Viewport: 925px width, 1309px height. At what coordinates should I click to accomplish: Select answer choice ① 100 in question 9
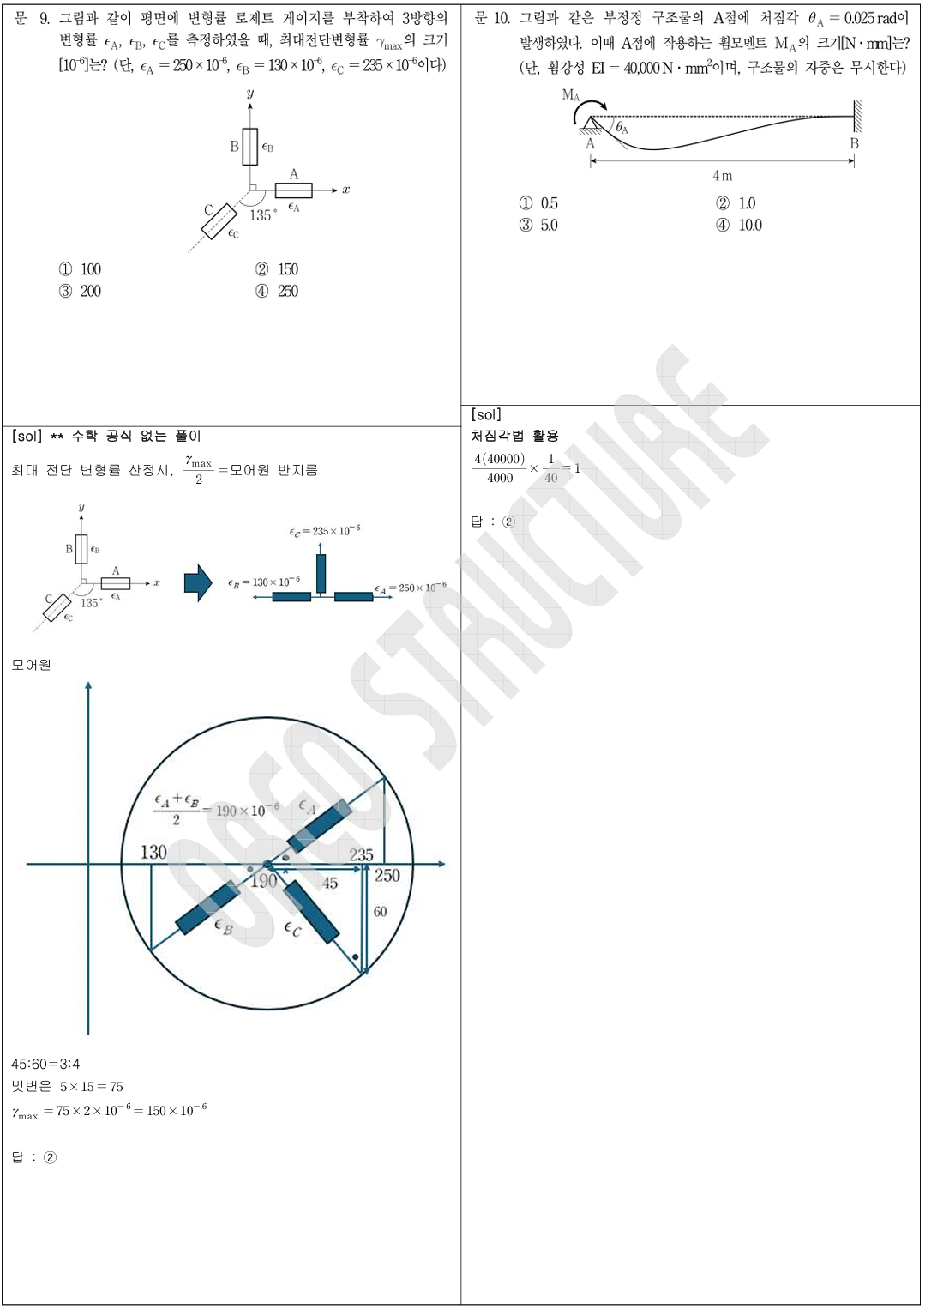[x=80, y=269]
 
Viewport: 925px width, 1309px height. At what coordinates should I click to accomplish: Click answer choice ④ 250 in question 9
[x=277, y=291]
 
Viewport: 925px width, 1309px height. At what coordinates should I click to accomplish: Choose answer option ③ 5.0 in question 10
[x=538, y=225]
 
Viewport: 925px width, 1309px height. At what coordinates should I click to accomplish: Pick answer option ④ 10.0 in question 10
[x=739, y=225]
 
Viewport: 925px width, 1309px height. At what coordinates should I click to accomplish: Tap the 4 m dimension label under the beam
[x=723, y=175]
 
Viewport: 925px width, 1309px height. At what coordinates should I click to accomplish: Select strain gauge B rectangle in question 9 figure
[x=250, y=147]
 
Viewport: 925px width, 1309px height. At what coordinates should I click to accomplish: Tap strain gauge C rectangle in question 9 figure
[x=219, y=221]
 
